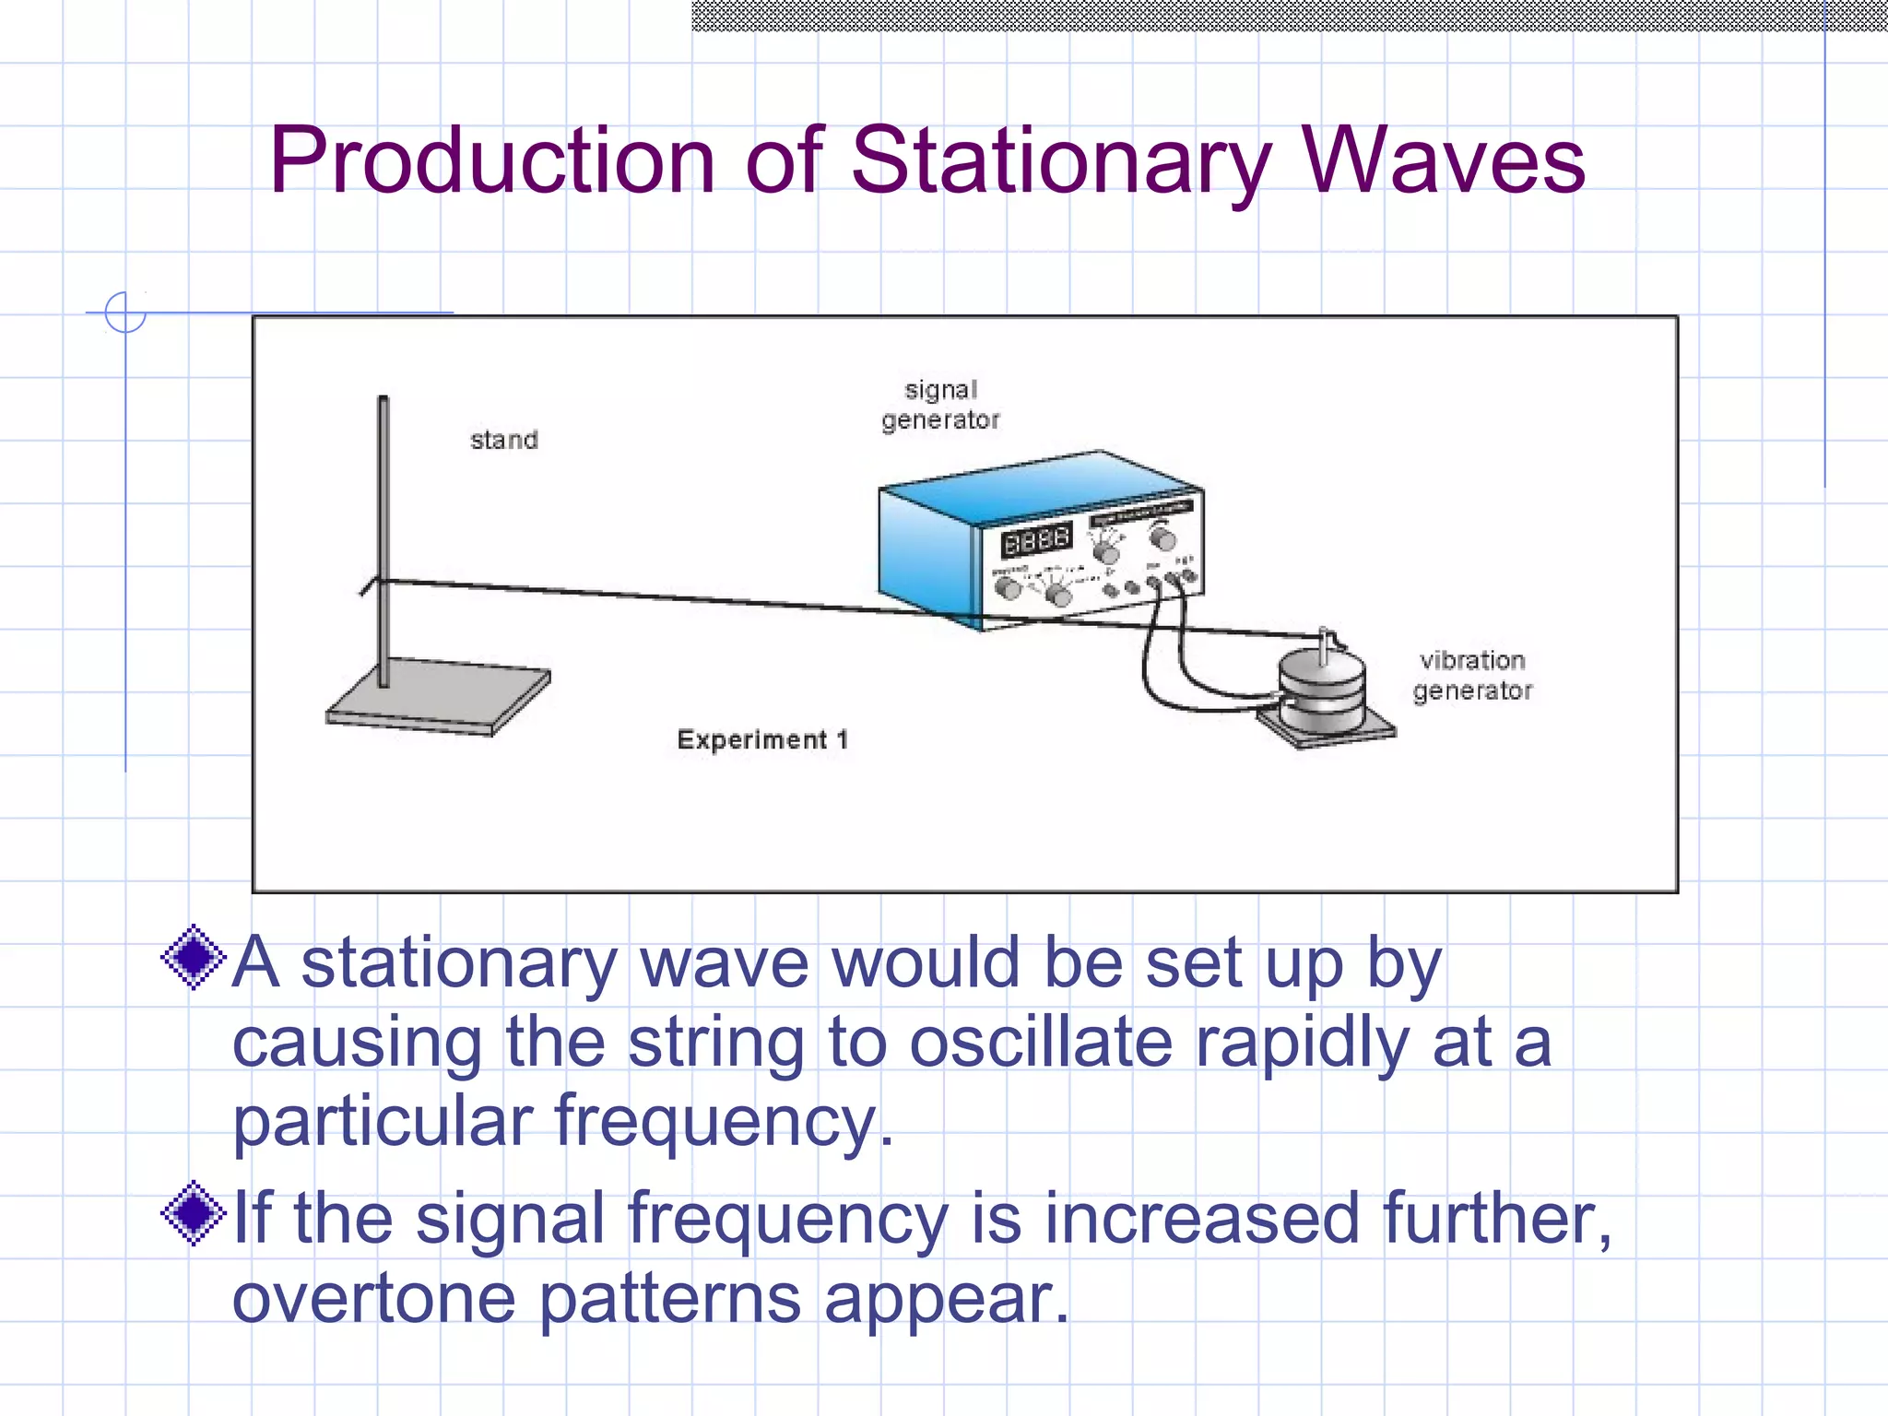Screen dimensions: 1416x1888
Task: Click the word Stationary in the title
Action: point(1060,161)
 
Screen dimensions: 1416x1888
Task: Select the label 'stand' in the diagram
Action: point(503,440)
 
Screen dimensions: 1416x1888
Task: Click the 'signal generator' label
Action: point(939,405)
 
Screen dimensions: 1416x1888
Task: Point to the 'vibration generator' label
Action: point(1471,675)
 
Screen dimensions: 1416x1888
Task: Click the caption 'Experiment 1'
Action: point(761,739)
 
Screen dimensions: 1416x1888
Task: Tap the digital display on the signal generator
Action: point(1036,540)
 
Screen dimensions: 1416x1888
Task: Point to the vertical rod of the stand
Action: point(383,535)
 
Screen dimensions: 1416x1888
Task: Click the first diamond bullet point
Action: point(193,958)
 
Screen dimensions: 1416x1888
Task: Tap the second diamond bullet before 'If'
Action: point(193,1213)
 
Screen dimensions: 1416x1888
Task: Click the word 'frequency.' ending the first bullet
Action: point(724,1121)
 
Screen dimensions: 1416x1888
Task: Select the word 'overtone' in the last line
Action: point(372,1298)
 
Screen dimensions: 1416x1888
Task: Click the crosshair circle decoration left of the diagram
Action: point(125,313)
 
